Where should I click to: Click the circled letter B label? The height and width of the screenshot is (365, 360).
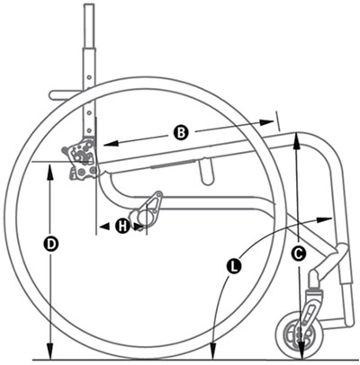coord(180,133)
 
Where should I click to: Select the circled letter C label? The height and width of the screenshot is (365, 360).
coord(297,254)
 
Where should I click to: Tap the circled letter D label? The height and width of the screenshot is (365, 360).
coord(51,244)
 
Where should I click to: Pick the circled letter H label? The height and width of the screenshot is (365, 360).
coord(122,226)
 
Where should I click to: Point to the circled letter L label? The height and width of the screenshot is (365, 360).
coord(234,266)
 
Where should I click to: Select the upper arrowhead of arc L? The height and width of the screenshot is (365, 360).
coord(314,218)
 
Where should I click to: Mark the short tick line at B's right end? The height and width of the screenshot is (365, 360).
coord(276,118)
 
